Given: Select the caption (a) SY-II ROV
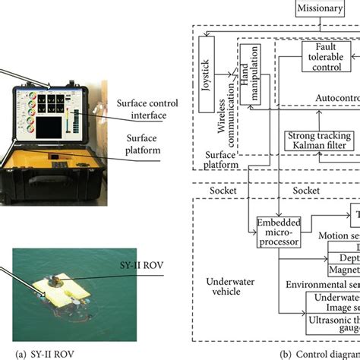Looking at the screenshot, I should pyautogui.click(x=48, y=352).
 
